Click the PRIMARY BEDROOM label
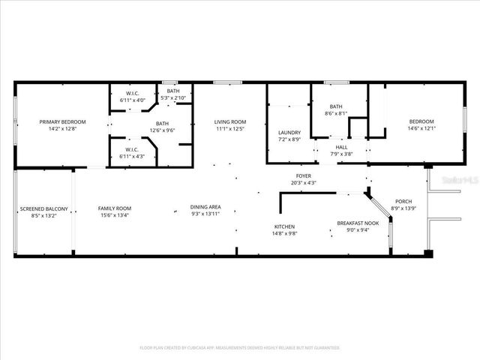point(63,121)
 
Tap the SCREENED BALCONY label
point(43,208)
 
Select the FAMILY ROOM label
point(115,208)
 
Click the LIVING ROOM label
point(230,121)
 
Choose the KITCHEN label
point(284,226)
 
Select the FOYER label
point(304,175)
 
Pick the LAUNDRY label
point(289,132)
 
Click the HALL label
point(341,147)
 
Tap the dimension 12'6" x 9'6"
point(162,130)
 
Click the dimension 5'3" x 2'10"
point(173,97)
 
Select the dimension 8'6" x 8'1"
point(336,113)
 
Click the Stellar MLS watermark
point(460,180)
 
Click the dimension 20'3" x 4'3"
point(304,182)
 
